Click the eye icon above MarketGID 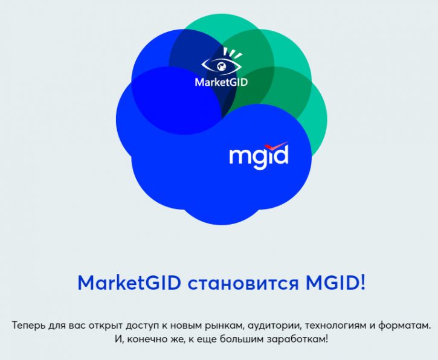click(x=222, y=62)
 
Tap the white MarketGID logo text click(x=221, y=82)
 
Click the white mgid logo click(x=259, y=155)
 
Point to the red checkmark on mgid click(x=276, y=146)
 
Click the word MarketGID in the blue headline click(x=129, y=283)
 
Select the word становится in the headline click(x=242, y=284)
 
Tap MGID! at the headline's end click(x=335, y=283)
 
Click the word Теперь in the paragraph click(x=28, y=326)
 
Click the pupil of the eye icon click(x=222, y=66)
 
